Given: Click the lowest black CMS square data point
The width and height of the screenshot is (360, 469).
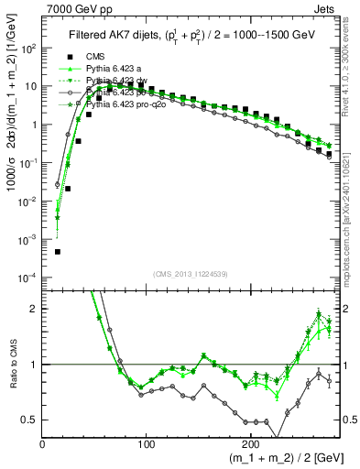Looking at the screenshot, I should click(x=58, y=251).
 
